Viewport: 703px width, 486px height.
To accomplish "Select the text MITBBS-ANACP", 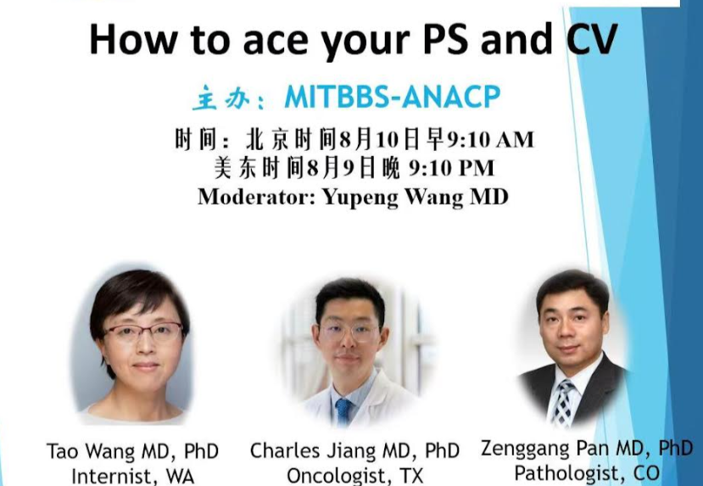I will click(392, 98).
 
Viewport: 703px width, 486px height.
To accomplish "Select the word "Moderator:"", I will click(247, 197).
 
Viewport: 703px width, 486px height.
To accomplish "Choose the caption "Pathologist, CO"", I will click(586, 472).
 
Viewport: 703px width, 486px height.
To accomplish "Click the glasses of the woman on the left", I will click(142, 332).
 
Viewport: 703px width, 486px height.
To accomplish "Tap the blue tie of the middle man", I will click(343, 411).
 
